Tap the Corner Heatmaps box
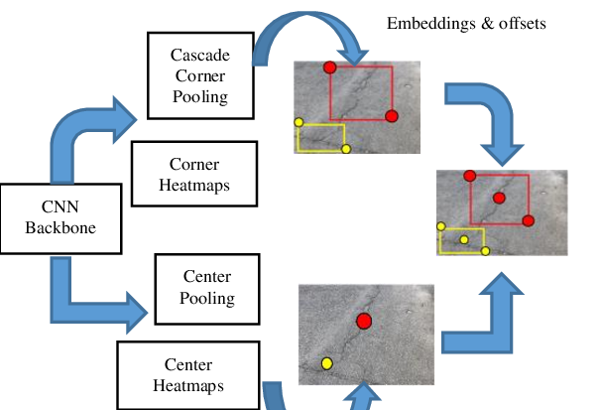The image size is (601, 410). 193,174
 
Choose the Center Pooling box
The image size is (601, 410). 207,288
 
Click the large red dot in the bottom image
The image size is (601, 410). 364,320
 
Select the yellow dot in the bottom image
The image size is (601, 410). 326,364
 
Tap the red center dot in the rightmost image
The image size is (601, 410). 499,199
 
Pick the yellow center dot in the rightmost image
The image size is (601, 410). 463,239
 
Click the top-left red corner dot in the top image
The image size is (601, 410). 329,67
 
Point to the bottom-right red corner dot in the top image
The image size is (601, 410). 392,116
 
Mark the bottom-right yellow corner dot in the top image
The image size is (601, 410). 345,149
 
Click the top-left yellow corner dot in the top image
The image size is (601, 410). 299,123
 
